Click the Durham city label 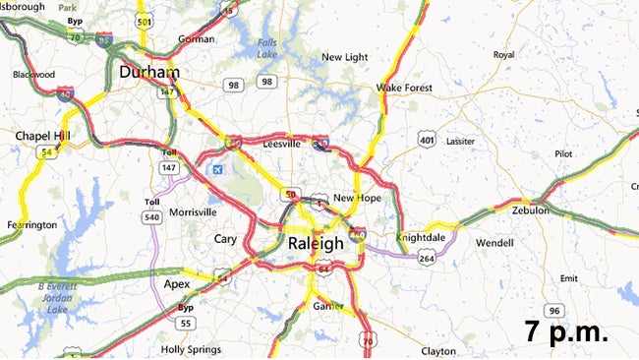(x=148, y=73)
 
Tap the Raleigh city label (x=316, y=242)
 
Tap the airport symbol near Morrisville (x=216, y=168)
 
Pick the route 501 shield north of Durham (x=145, y=21)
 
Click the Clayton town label (x=437, y=351)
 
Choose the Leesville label (x=282, y=145)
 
